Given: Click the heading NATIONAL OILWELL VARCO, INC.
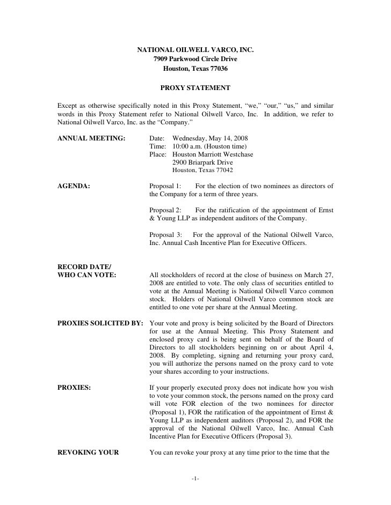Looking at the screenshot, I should pos(195,50).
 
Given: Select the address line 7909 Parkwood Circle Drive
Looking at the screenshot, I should pos(195,59).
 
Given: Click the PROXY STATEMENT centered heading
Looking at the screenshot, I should pos(195,87).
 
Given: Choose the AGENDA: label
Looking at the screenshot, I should pos(74,186).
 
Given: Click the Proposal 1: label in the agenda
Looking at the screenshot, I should pos(165,186).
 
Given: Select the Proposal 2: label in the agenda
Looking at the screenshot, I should pos(165,210).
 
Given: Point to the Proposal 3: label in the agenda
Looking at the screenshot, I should pos(165,234).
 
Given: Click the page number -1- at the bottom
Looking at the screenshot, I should pos(195,478).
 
